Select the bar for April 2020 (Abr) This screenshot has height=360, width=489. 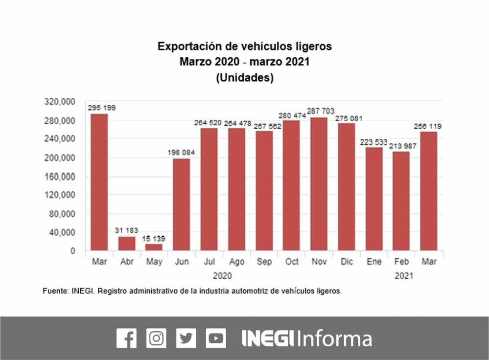coord(127,244)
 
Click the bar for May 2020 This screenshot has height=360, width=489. coord(154,247)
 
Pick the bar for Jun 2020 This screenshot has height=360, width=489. coord(182,204)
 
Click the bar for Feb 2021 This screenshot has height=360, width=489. coord(401,201)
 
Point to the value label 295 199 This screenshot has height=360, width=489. coord(102,108)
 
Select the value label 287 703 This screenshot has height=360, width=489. coord(321,111)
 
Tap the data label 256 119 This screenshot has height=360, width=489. coord(428,126)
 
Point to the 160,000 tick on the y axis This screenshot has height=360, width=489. coord(61,176)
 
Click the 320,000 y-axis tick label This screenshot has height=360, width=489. coord(61,101)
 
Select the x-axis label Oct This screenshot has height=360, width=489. coord(292,262)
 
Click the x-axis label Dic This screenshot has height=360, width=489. coord(347,262)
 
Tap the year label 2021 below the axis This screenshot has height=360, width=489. coord(404,276)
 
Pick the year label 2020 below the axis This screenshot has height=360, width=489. coord(222,276)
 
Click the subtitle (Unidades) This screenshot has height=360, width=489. coord(244,78)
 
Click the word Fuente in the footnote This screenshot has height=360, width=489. coord(54,291)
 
